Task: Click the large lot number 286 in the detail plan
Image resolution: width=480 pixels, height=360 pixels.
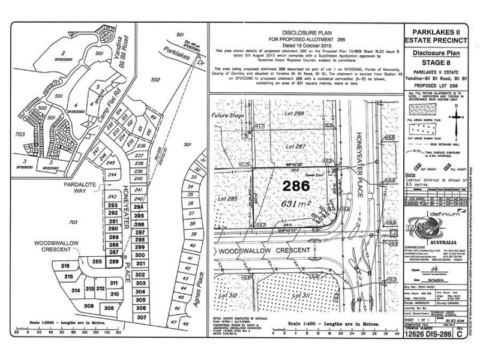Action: click(x=296, y=186)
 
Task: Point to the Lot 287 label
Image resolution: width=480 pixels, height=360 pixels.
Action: click(x=296, y=146)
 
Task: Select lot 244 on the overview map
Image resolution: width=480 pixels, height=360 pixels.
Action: click(x=112, y=174)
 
